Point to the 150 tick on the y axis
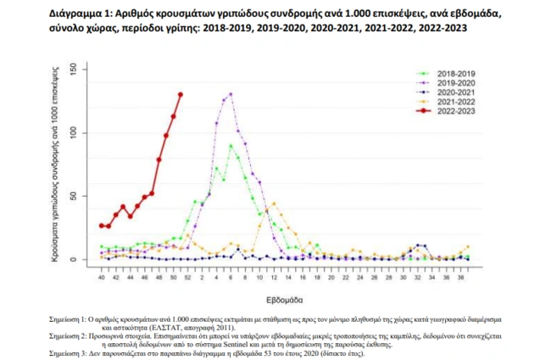tap(75, 69)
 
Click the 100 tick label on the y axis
tap(75, 132)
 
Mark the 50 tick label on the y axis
tap(75, 196)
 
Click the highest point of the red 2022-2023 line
tap(180, 94)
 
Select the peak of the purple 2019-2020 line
tap(231, 94)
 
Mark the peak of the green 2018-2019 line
tap(231, 146)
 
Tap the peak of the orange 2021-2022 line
tap(273, 203)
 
